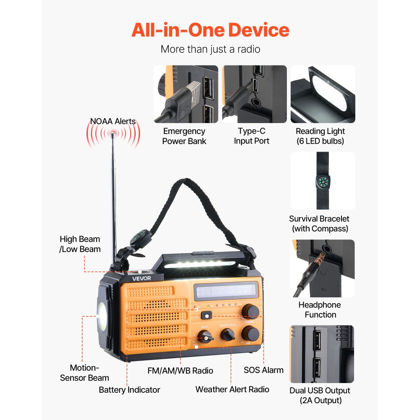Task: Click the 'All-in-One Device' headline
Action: click(x=210, y=30)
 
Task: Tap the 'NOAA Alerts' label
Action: click(x=113, y=121)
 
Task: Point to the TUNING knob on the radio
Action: click(x=251, y=311)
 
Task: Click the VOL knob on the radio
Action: click(x=250, y=333)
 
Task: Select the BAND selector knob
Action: click(x=205, y=336)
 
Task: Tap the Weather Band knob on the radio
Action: click(x=228, y=335)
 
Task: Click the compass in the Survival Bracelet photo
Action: click(x=323, y=181)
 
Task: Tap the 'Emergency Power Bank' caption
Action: click(x=184, y=136)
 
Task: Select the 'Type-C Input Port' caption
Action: click(x=252, y=136)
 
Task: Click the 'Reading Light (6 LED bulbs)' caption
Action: click(x=320, y=136)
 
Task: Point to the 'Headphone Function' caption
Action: click(x=320, y=310)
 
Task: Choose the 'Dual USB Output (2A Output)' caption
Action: click(x=320, y=395)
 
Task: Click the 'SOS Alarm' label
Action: click(x=263, y=370)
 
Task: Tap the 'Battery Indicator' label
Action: click(x=129, y=390)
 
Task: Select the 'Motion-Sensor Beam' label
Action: click(x=84, y=373)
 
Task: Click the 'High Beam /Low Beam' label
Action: click(x=80, y=244)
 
